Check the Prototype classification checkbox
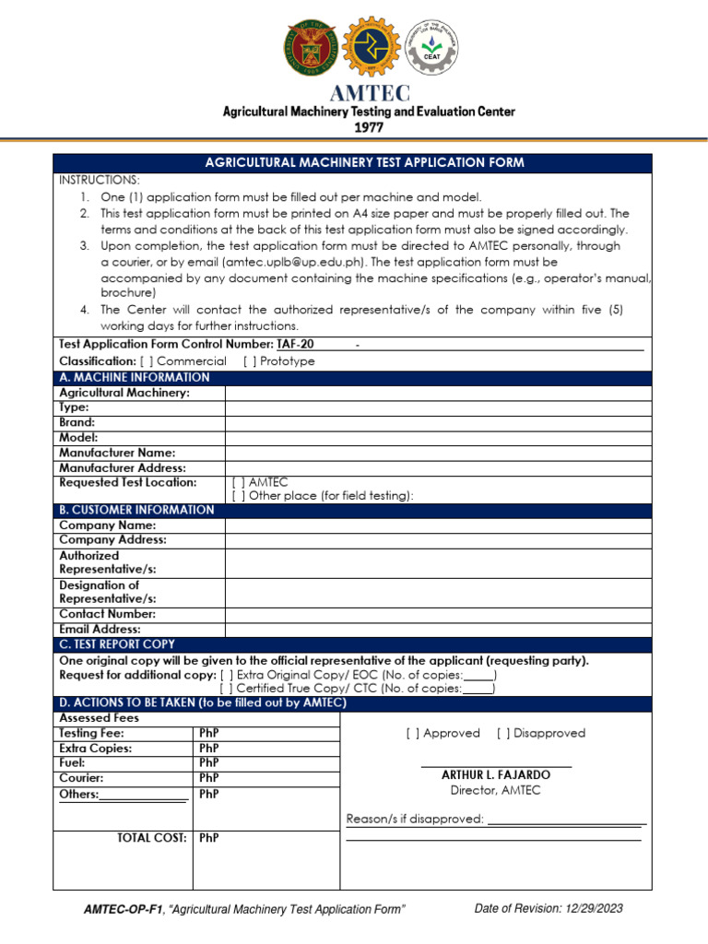coord(250,361)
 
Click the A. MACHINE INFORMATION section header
coord(135,377)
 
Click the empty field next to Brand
coord(438,422)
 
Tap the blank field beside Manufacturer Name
coord(438,453)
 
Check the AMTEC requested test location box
coord(239,482)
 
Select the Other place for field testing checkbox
coord(239,496)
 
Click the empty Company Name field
coord(438,525)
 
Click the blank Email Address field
coord(438,630)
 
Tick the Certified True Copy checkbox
coord(227,689)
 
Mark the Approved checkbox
coord(413,734)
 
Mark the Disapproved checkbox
coord(503,734)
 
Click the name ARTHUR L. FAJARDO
coord(496,775)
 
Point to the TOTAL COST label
coord(152,838)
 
